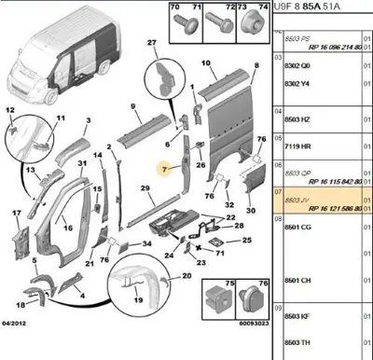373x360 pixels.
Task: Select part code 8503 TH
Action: click(x=297, y=342)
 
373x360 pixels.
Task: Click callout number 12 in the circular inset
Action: click(x=11, y=110)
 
